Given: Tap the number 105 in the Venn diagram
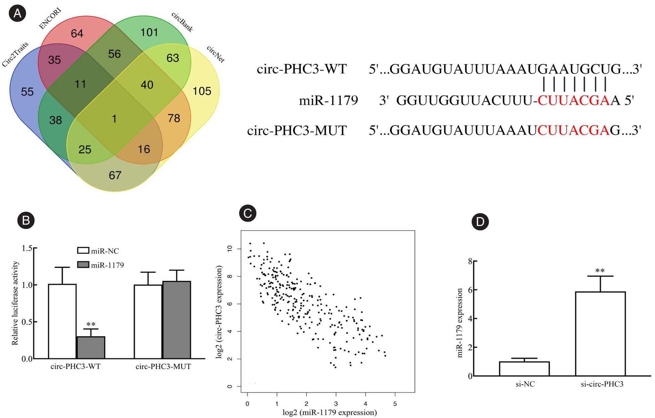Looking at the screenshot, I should [202, 91].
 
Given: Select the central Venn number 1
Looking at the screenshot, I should [114, 119].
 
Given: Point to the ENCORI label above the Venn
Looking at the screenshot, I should [50, 18].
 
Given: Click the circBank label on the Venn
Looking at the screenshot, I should [182, 22].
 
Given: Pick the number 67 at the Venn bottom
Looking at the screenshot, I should [115, 175].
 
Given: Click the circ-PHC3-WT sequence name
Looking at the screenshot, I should [302, 69].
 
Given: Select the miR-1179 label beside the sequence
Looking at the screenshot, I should [328, 100].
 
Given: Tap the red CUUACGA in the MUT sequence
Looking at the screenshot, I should [573, 130].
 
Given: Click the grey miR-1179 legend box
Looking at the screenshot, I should [83, 265].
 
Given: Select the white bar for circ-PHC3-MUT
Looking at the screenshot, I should [148, 321].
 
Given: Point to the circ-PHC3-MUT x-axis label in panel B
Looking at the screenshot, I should [163, 367].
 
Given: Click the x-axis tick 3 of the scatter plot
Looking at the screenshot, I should [336, 404].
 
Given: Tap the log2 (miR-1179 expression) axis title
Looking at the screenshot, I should [330, 412].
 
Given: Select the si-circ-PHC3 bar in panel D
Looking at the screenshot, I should [600, 333].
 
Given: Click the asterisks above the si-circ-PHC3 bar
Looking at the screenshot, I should [600, 271].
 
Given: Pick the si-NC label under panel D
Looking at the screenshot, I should [525, 384].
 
